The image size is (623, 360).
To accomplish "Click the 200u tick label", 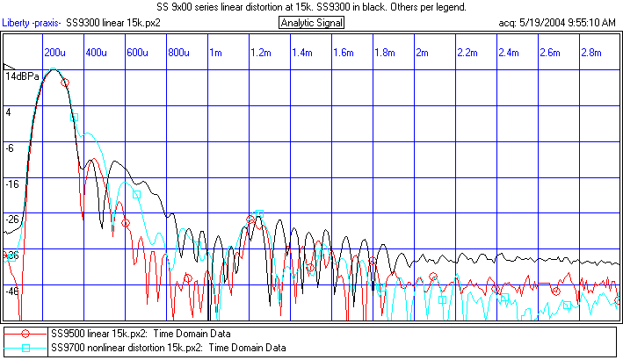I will (56, 53).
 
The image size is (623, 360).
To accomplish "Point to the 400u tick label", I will (96, 53).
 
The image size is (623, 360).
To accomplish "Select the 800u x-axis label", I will (179, 53).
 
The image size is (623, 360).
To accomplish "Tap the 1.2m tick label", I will (261, 53).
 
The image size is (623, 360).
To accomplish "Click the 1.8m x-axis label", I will (385, 53).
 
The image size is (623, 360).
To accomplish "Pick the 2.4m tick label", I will (509, 53).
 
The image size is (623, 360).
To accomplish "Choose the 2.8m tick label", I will (591, 53).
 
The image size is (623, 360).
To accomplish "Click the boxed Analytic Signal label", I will (311, 22).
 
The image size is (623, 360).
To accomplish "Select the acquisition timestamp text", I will (557, 22).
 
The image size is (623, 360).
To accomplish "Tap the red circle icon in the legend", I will (26, 334).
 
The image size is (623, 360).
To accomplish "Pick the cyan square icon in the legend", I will (26, 348).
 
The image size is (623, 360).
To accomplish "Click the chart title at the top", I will (311, 7).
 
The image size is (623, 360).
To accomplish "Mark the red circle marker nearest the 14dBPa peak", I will (65, 82).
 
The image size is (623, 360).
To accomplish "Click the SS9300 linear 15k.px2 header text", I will (112, 22).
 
